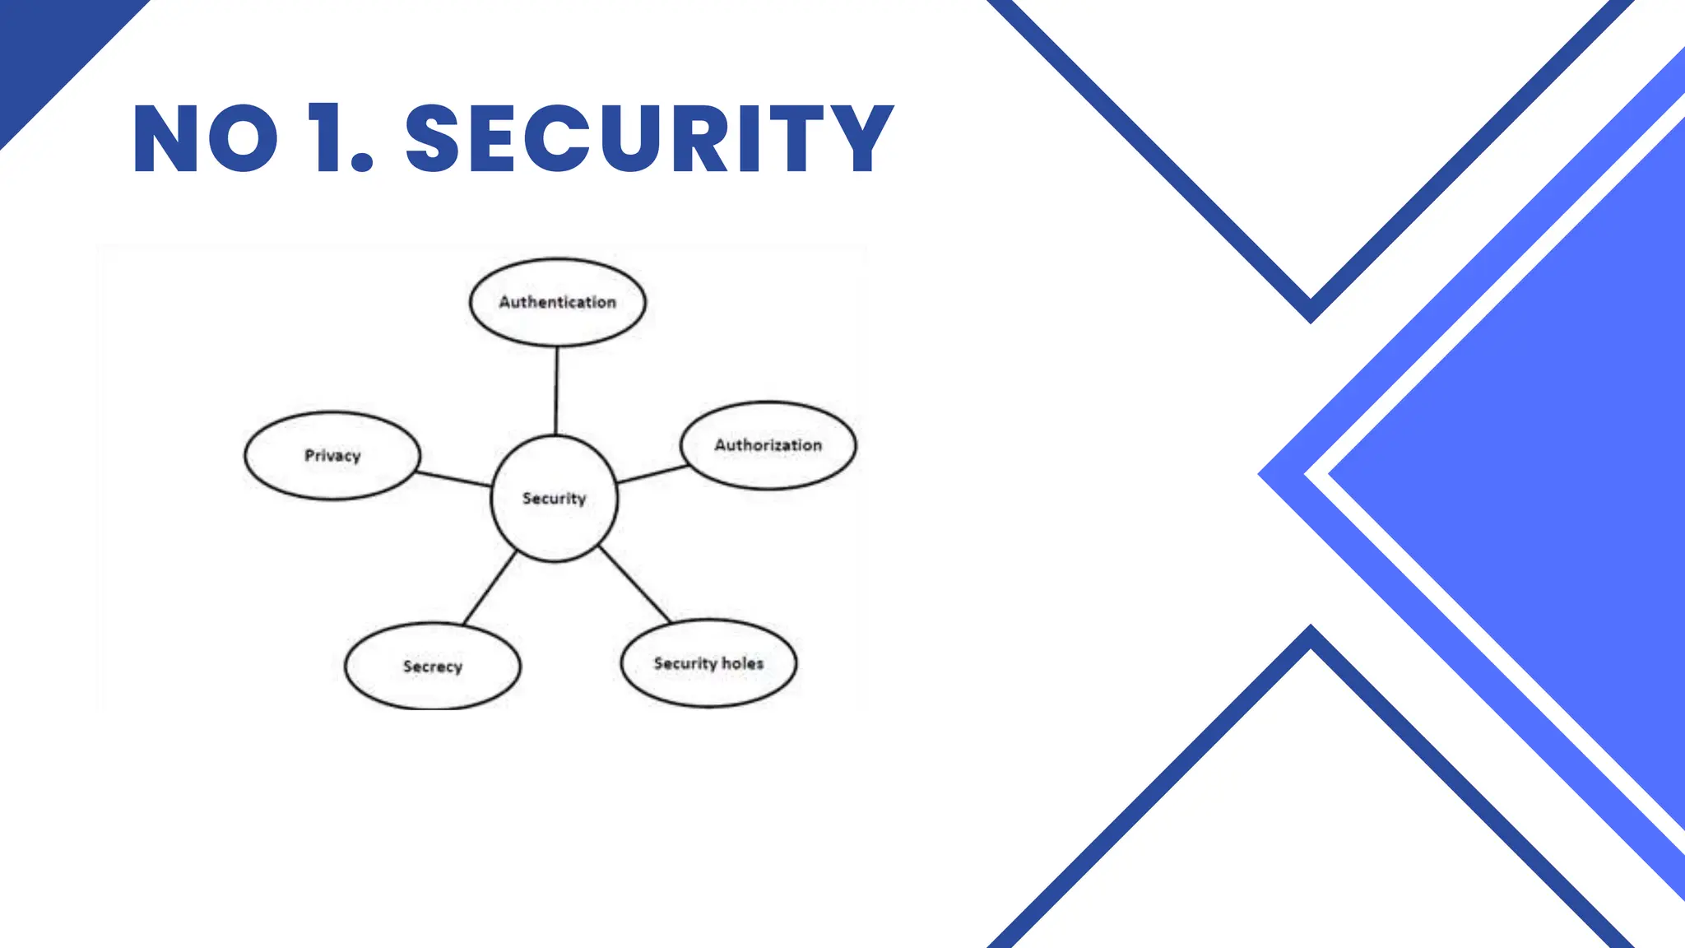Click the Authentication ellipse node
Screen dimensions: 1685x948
(x=557, y=302)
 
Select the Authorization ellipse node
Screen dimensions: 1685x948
(x=768, y=445)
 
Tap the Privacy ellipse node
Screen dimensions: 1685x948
(x=332, y=455)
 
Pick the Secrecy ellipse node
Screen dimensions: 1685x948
(x=432, y=666)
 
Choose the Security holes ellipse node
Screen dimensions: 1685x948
(x=708, y=663)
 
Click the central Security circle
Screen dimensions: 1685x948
(x=554, y=499)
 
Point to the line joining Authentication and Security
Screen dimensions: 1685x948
(x=556, y=391)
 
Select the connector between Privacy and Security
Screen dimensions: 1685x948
(x=454, y=479)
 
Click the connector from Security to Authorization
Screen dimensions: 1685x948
(x=652, y=474)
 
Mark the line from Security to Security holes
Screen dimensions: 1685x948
(x=635, y=584)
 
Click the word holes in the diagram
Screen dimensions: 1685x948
(x=743, y=663)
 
